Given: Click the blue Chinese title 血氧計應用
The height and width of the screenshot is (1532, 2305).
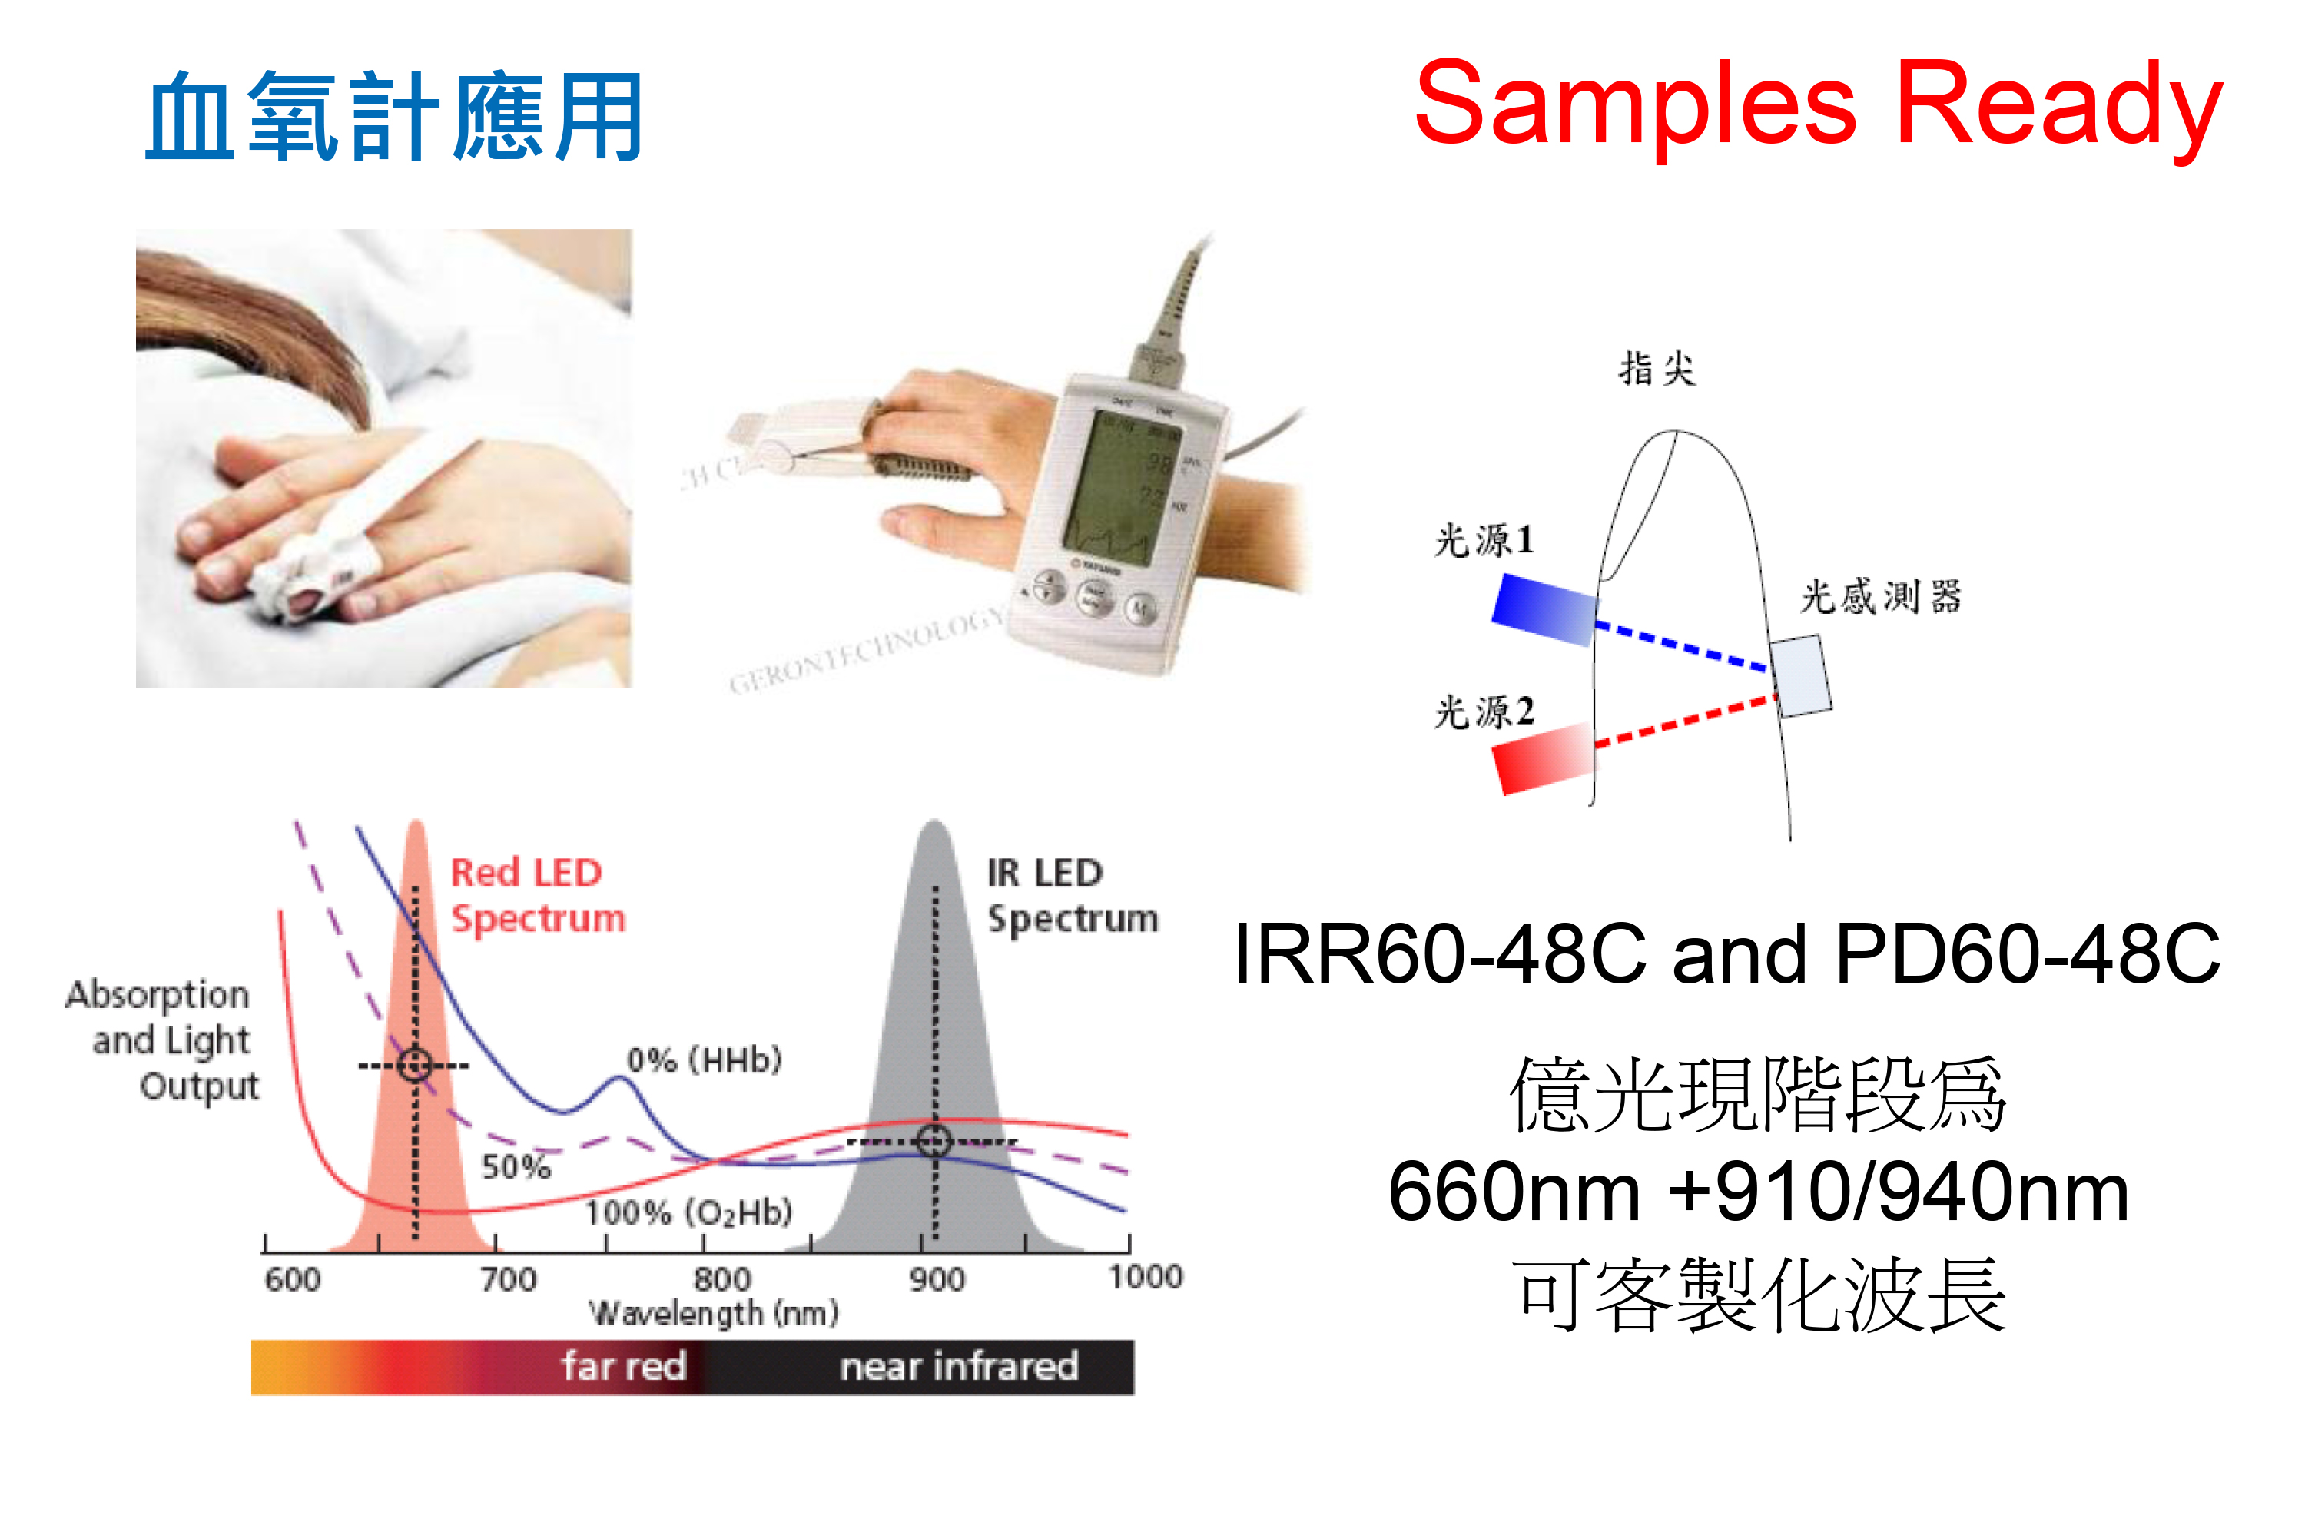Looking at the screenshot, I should click(x=395, y=118).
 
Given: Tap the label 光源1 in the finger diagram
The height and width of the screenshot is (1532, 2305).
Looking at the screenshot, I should click(x=1483, y=539).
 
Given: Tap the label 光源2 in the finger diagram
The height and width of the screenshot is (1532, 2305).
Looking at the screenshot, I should click(x=1483, y=711).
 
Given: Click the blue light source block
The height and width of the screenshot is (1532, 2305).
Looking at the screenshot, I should click(x=1544, y=608).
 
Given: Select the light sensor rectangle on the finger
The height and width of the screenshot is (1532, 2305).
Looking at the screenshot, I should click(x=1801, y=676).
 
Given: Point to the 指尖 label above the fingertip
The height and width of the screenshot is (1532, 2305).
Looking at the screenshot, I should click(x=1657, y=370).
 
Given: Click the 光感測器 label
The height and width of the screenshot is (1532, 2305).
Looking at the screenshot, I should click(x=1880, y=596).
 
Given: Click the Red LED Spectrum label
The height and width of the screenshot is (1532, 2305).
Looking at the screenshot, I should click(x=536, y=895).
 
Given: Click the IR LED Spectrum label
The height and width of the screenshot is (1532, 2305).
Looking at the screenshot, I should click(x=1071, y=895).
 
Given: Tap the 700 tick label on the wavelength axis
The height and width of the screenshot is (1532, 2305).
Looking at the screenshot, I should click(x=508, y=1279).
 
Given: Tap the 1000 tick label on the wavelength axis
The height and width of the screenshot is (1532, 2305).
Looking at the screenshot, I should click(x=1145, y=1276).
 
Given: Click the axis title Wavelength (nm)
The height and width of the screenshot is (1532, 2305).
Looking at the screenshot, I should click(x=713, y=1312).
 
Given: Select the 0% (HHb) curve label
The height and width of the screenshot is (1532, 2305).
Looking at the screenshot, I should click(x=705, y=1059).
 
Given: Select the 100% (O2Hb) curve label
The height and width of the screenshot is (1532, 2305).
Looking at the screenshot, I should click(x=688, y=1212).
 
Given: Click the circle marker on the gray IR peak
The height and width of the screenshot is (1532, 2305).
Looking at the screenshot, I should click(x=933, y=1140).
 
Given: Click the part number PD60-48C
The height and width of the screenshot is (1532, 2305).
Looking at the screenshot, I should click(x=2027, y=953).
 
